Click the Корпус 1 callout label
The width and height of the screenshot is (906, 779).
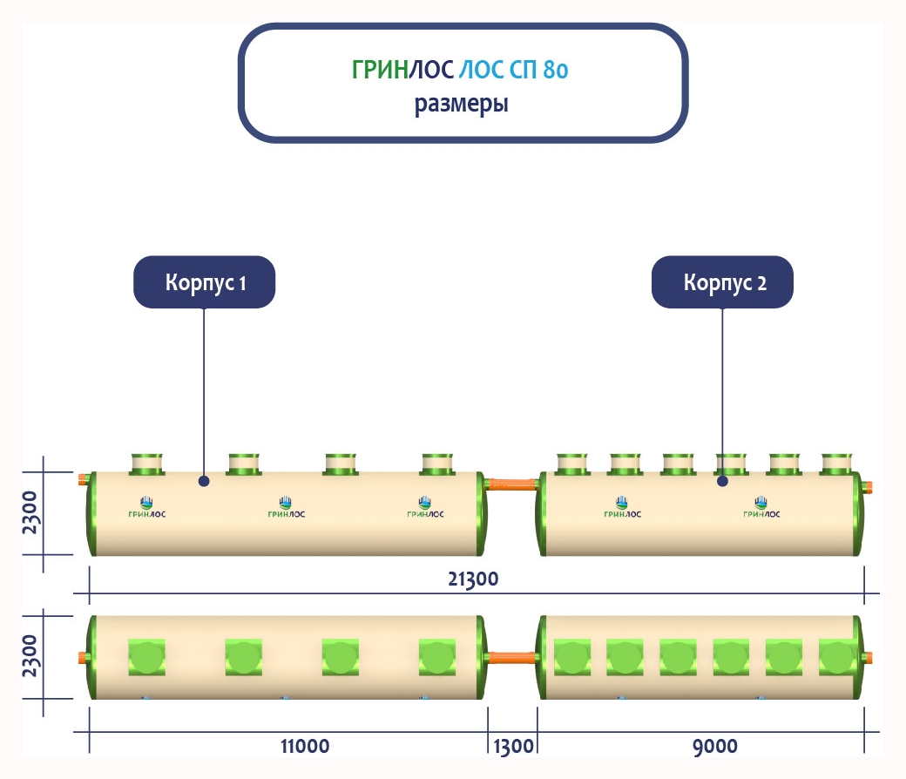tap(205, 282)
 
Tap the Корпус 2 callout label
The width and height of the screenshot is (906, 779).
tap(723, 282)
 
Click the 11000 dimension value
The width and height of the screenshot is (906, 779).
tap(305, 747)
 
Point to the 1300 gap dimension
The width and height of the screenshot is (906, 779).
tap(512, 747)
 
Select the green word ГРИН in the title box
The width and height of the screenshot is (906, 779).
tap(380, 71)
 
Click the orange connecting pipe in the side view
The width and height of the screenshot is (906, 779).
tap(512, 482)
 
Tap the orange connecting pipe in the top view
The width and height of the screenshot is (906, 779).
tap(512, 656)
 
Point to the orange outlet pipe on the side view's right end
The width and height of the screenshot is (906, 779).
tap(869, 486)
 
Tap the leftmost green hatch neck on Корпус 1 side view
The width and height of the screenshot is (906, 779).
tap(147, 464)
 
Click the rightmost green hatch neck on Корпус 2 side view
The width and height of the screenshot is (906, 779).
tap(836, 464)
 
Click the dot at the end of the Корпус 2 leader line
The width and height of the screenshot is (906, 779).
tap(722, 480)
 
